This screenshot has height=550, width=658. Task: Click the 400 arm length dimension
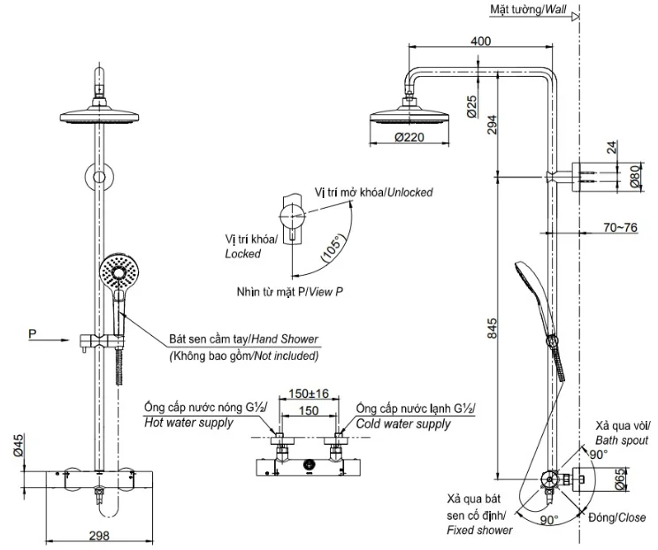point(480,41)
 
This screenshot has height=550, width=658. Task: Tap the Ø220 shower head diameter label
point(409,137)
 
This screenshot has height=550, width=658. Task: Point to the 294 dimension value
point(492,125)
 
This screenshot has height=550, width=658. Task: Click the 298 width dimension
point(99,536)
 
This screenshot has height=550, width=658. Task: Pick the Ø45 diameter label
point(18,445)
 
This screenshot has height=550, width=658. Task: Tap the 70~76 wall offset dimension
point(620,227)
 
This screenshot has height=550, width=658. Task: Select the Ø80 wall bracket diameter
point(636,176)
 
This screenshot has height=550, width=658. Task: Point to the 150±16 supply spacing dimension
point(309,393)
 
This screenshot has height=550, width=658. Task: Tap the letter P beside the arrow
point(33,334)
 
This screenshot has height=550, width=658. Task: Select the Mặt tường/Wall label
point(528,9)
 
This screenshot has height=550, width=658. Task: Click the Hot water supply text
point(188,423)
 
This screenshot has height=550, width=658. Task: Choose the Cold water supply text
point(403,424)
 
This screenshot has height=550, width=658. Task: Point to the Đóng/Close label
point(617,517)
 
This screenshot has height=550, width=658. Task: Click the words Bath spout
point(622,440)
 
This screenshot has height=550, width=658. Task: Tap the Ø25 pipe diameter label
point(472,107)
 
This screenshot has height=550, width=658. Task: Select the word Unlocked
point(409,192)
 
